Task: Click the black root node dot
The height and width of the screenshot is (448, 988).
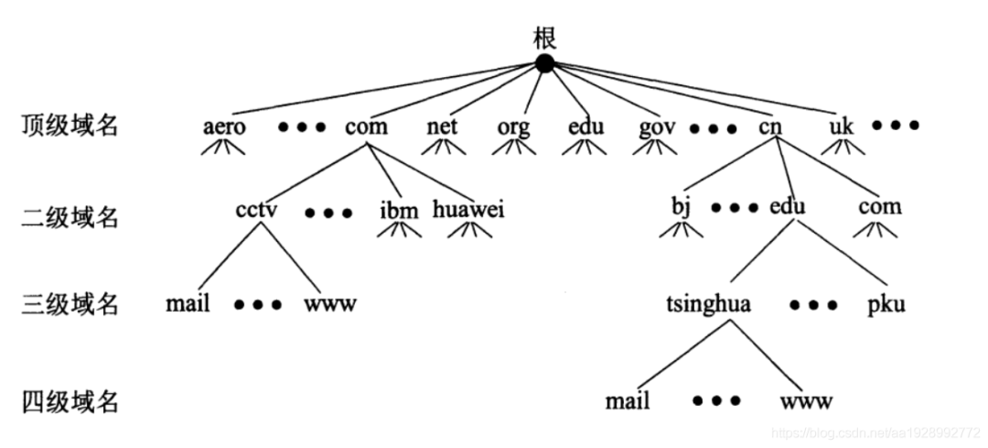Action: pos(545,63)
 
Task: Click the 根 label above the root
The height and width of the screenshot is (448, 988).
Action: pos(545,38)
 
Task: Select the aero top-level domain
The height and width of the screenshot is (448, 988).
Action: pos(224,126)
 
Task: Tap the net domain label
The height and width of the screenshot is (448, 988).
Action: pos(442,126)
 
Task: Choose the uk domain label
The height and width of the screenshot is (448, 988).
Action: pos(841,126)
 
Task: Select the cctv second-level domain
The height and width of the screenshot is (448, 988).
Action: pos(256,209)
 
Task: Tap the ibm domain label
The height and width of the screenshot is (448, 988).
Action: pos(399,210)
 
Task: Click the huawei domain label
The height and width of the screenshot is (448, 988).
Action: pos(468,210)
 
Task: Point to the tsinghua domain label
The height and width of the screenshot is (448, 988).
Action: pos(710,303)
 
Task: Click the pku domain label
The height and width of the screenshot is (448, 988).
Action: pos(886,304)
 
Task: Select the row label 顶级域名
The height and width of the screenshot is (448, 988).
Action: pos(70,126)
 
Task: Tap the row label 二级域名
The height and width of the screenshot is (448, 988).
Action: pos(70,217)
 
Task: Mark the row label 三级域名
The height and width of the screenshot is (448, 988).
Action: pos(70,304)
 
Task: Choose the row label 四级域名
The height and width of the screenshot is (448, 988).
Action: pos(70,400)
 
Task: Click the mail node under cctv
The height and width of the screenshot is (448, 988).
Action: pos(188,303)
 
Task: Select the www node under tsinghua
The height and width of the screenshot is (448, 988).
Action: pos(807,401)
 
